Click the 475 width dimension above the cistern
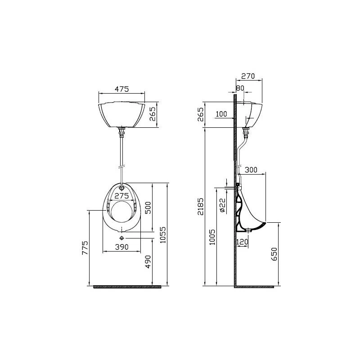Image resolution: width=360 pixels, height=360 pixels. (121, 89)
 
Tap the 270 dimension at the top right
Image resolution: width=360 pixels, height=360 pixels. (248, 76)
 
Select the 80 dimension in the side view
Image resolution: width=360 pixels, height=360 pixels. (240, 88)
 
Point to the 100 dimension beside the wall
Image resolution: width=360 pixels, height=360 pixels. (221, 114)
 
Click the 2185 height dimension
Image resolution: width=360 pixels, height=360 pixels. (200, 207)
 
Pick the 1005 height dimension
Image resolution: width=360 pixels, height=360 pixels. (212, 237)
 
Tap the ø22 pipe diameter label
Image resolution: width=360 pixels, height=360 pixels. (223, 205)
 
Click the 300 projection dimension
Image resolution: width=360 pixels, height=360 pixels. (251, 170)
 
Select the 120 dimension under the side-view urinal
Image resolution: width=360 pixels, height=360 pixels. (242, 242)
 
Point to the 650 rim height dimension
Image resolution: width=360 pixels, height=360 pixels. (274, 254)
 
